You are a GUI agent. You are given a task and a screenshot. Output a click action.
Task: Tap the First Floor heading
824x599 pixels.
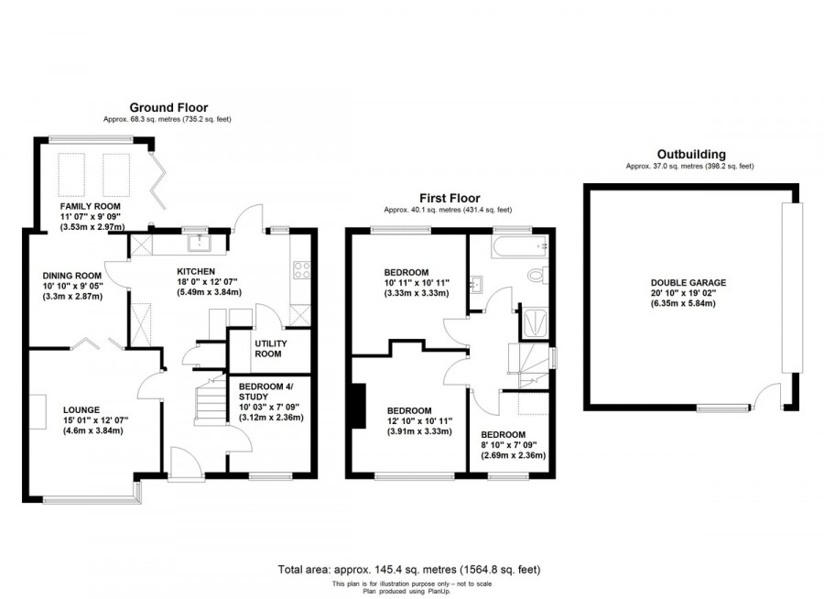tap(450, 198)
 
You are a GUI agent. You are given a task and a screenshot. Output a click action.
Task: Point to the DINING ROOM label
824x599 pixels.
tap(72, 275)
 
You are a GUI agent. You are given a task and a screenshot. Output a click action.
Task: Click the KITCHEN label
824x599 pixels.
tap(197, 271)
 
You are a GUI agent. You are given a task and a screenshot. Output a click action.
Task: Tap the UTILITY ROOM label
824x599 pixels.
tap(271, 348)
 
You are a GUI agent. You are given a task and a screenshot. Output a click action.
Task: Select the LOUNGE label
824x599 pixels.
tap(81, 409)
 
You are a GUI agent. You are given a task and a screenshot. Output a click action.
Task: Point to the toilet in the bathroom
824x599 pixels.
tap(538, 275)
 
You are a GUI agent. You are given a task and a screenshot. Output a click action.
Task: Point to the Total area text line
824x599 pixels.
tap(411, 570)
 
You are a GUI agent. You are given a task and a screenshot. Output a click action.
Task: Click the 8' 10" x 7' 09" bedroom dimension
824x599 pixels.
tap(508, 445)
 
